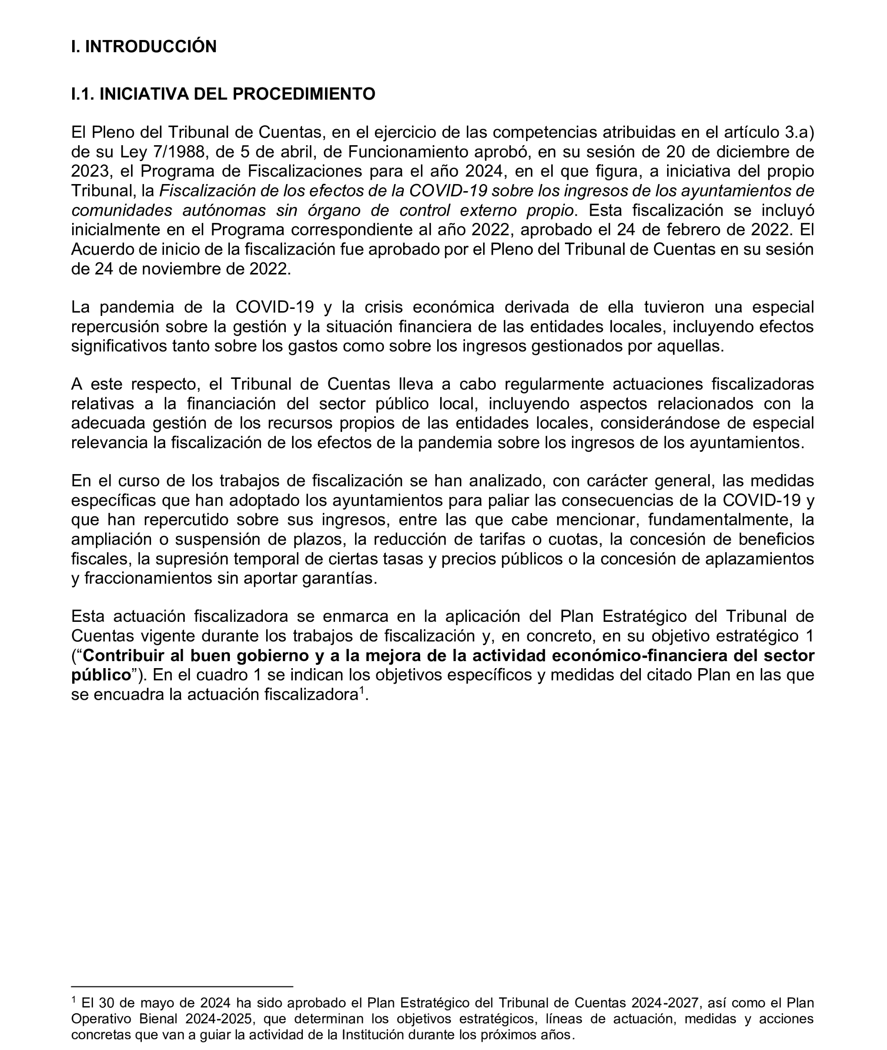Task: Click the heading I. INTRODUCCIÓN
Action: [144, 46]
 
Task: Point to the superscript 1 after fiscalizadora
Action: [362, 692]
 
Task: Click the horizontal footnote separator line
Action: [181, 987]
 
